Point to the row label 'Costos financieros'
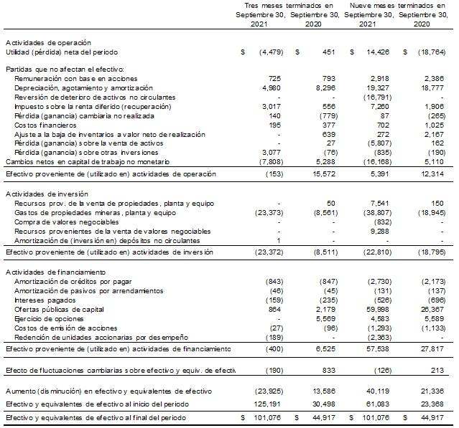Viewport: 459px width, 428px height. click(x=45, y=125)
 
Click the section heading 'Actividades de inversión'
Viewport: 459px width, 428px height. click(x=46, y=194)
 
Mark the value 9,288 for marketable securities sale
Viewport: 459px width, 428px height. click(x=381, y=231)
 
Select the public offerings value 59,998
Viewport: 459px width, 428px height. click(x=379, y=309)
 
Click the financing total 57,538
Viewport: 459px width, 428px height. click(x=379, y=349)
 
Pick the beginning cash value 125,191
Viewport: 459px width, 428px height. click(x=266, y=404)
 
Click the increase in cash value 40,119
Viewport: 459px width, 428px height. click(x=379, y=391)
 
